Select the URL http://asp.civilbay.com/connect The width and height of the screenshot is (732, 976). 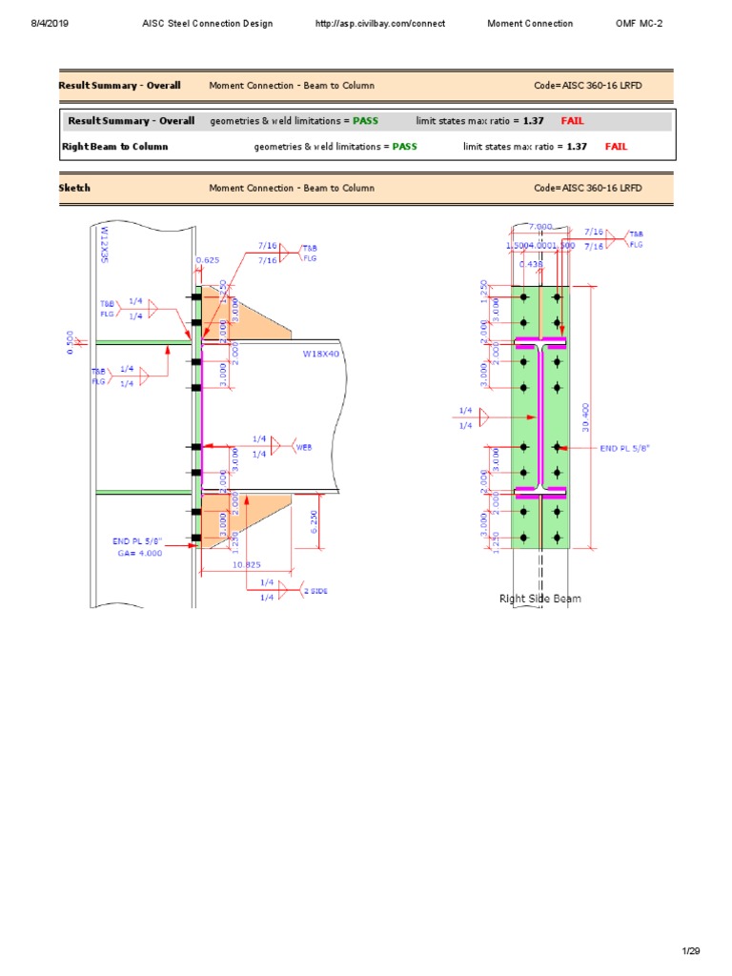coord(379,24)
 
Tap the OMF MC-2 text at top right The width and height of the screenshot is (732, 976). coord(640,24)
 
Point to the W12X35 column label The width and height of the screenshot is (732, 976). coord(104,244)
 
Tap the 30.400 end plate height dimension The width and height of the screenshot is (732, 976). coord(586,417)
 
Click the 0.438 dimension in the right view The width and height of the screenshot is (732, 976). coord(530,264)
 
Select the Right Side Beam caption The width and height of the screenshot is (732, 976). coord(540,599)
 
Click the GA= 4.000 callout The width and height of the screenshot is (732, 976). coord(140,553)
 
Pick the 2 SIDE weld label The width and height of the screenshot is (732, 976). coord(315,591)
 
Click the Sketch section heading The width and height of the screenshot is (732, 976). coord(74,188)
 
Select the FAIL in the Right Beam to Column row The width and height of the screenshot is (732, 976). coord(616,147)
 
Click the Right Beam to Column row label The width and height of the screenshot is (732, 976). coord(114,147)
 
